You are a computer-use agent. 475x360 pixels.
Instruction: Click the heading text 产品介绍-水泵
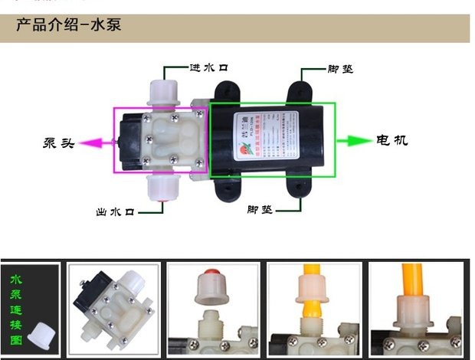69,25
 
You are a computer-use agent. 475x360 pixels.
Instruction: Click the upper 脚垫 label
340,68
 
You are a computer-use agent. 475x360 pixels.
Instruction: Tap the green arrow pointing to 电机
353,141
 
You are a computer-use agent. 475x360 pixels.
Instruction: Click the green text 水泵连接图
16,302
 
